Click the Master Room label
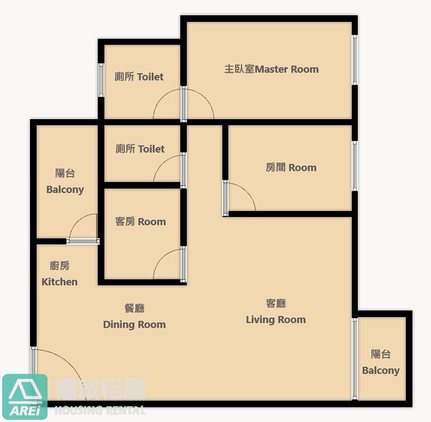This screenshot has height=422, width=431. pyautogui.click(x=271, y=69)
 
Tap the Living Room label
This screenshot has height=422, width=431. pyautogui.click(x=276, y=312)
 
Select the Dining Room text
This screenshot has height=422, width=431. pyautogui.click(x=134, y=317)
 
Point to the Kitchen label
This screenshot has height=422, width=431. pyautogui.click(x=60, y=274)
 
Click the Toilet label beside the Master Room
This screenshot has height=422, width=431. pyautogui.click(x=139, y=77)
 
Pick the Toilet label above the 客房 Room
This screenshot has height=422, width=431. pyautogui.click(x=140, y=149)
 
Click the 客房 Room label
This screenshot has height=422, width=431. pyautogui.click(x=140, y=221)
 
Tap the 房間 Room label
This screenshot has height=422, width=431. pyautogui.click(x=291, y=167)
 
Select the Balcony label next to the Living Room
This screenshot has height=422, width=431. pyautogui.click(x=381, y=362)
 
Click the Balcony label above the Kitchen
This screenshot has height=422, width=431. pyautogui.click(x=65, y=181)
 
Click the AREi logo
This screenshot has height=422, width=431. pyautogui.click(x=25, y=396)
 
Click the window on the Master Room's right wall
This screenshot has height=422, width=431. pyautogui.click(x=355, y=60)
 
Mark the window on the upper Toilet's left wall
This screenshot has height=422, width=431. pyautogui.click(x=101, y=80)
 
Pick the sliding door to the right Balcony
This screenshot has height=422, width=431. pyautogui.click(x=355, y=359)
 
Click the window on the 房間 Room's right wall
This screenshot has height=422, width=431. pyautogui.click(x=355, y=166)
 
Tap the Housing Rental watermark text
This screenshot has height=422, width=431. pyautogui.click(x=100, y=411)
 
